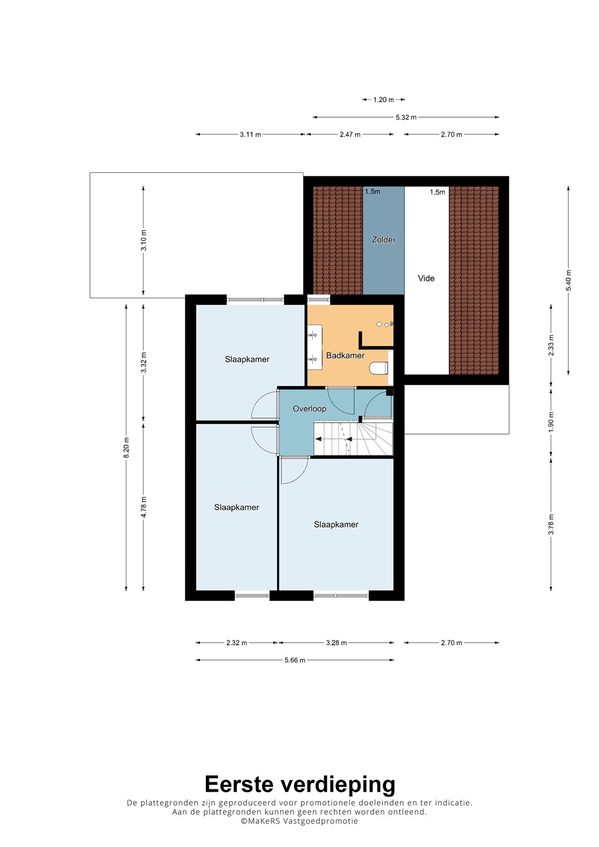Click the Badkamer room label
345,355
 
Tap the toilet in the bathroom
378,368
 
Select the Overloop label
310,409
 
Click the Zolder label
384,240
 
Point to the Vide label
426,278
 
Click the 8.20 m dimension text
127,448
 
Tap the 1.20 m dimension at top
384,100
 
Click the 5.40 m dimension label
569,280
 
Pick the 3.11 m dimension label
250,135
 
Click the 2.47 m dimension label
350,135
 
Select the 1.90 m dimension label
551,421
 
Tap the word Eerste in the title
239,784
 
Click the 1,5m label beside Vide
438,192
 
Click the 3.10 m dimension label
144,240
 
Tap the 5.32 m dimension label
406,117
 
